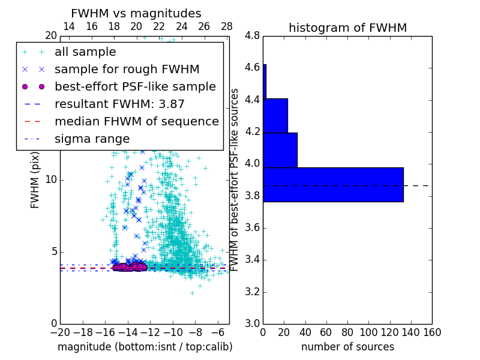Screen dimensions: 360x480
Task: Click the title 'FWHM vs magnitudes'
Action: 136,13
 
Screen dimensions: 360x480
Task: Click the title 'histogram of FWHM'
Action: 347,28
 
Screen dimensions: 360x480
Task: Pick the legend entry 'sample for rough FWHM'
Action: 127,70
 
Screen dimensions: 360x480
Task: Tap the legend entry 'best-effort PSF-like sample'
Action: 135,87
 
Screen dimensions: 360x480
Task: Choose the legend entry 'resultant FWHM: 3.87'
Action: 119,104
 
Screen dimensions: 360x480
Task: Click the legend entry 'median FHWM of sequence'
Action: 136,122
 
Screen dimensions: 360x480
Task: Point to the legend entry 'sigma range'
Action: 92,139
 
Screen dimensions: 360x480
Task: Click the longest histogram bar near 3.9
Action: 333,185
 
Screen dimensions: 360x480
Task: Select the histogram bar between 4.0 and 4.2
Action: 280,150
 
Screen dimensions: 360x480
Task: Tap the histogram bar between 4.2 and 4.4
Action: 275,115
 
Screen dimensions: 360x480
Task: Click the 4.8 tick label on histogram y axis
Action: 252,36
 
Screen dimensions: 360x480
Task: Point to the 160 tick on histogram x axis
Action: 432,332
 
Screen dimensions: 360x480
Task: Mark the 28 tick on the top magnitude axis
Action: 227,26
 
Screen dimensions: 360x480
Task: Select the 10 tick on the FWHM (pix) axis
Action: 50,179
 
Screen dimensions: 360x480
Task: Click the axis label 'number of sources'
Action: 347,347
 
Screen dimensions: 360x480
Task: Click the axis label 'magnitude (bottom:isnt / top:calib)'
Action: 145,347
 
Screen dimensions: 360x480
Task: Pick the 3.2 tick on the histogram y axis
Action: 252,292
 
